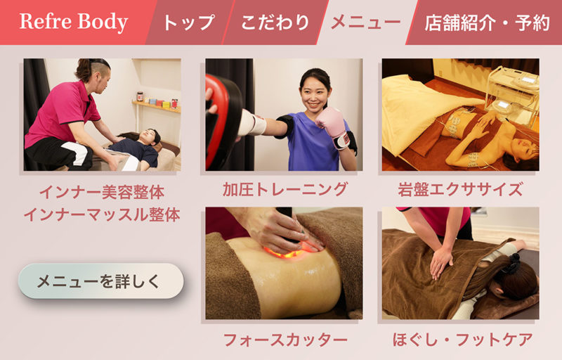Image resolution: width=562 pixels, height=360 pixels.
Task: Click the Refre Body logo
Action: coord(74,22)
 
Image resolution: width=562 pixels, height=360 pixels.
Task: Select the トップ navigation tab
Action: coord(188,22)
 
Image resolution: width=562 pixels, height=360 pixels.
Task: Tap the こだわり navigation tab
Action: coord(275,22)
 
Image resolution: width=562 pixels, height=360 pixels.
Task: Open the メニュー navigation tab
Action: coord(365,22)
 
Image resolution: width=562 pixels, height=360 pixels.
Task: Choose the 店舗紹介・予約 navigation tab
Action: coord(487,22)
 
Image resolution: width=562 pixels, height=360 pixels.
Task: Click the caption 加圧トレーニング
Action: coord(285,189)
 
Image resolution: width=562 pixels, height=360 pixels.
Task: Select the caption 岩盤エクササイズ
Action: coord(460,189)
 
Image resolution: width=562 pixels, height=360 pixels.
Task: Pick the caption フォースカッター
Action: coord(285,340)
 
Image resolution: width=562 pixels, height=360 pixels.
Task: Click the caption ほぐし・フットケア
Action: coord(462,340)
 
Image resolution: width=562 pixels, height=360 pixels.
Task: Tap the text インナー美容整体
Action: coord(102,192)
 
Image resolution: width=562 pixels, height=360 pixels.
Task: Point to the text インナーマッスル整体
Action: coord(102,214)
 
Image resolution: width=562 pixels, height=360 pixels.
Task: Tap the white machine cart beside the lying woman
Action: coord(513,94)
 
